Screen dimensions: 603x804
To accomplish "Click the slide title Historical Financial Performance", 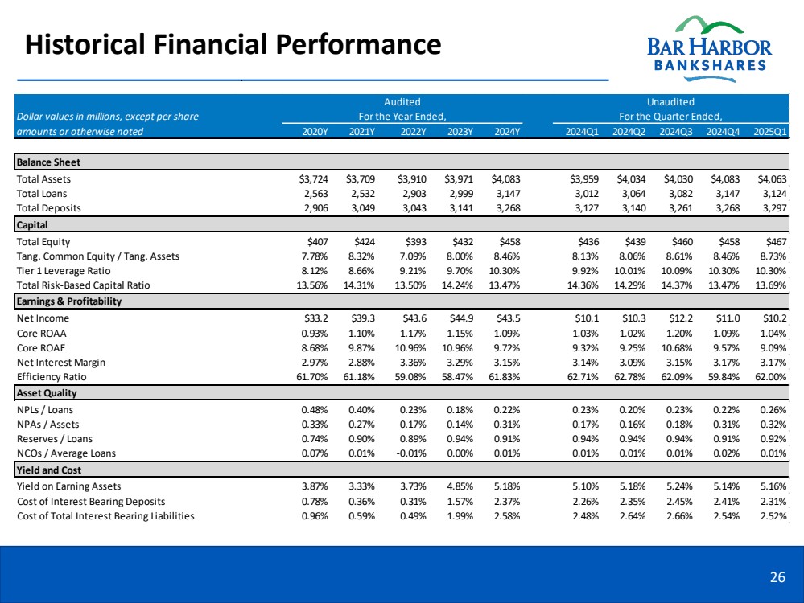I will (x=233, y=43).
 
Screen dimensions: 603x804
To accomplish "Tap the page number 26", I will (x=777, y=576).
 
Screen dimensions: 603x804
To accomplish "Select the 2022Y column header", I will (x=413, y=132).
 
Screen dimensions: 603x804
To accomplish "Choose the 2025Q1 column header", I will (x=771, y=132).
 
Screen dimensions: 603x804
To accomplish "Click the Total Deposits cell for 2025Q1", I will (x=773, y=207).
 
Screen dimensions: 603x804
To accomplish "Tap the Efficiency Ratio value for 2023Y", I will (x=458, y=376).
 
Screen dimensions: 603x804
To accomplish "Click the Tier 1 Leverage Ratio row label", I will (x=65, y=271).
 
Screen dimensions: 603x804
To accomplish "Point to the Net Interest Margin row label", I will (x=63, y=362).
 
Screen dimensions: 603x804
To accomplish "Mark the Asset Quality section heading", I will (x=46, y=393).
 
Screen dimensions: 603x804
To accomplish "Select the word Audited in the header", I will (x=402, y=102).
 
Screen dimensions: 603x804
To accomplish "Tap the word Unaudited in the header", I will (x=670, y=102).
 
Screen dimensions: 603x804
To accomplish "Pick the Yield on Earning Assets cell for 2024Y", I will (x=504, y=486).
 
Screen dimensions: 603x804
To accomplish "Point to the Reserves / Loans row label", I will (x=55, y=438).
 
